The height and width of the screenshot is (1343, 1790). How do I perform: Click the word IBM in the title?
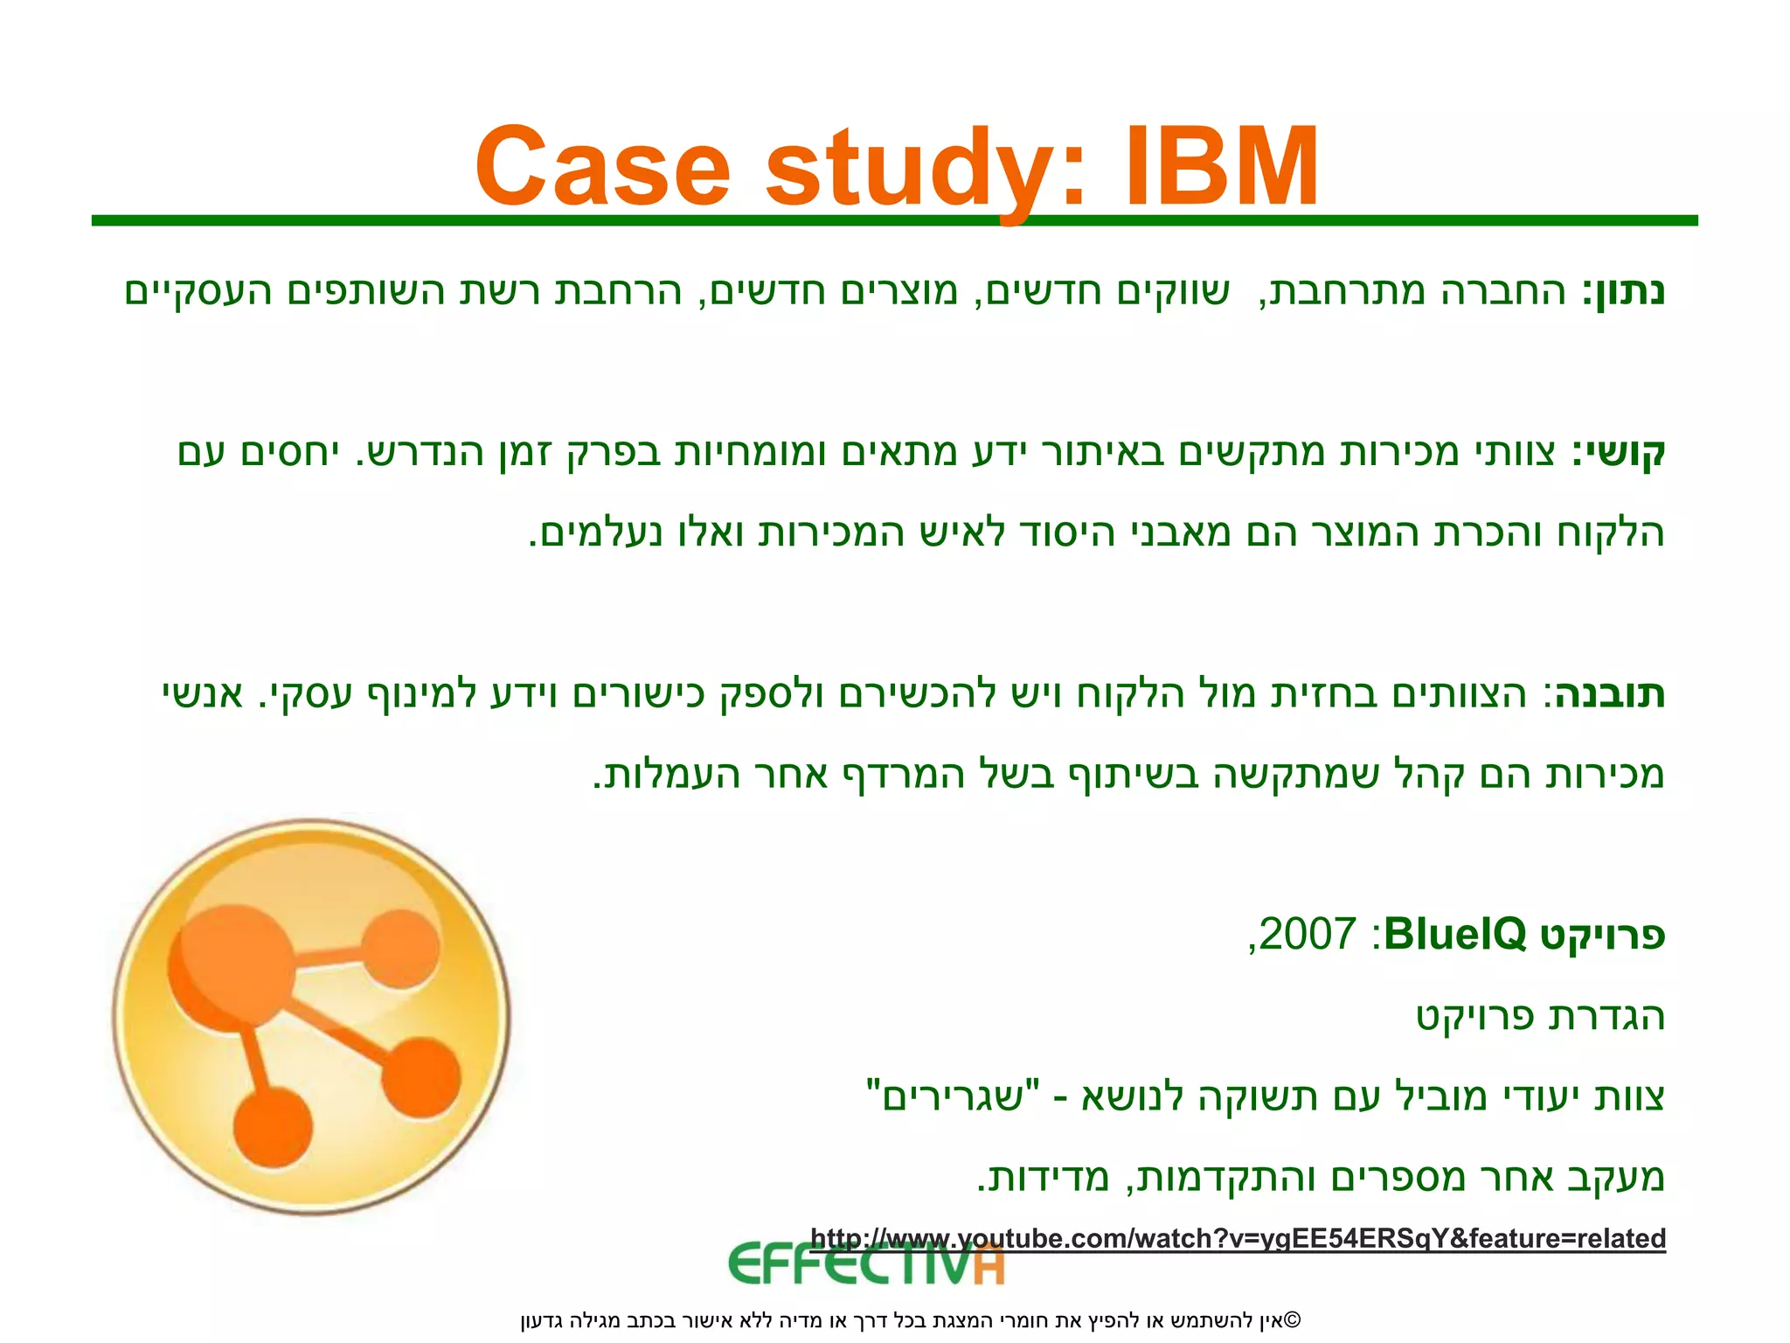1222,166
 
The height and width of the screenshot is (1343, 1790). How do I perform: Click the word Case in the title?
602,166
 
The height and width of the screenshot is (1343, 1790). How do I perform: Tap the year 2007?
1308,934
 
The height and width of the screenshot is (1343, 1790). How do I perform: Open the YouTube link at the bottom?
1238,1238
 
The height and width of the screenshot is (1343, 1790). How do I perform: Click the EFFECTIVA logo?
866,1264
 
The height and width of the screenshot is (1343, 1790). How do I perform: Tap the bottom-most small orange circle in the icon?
273,1127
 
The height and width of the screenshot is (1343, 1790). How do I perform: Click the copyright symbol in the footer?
1294,1319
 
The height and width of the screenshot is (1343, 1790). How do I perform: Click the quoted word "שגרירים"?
953,1096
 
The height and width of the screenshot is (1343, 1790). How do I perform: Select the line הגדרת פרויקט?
1540,1016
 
